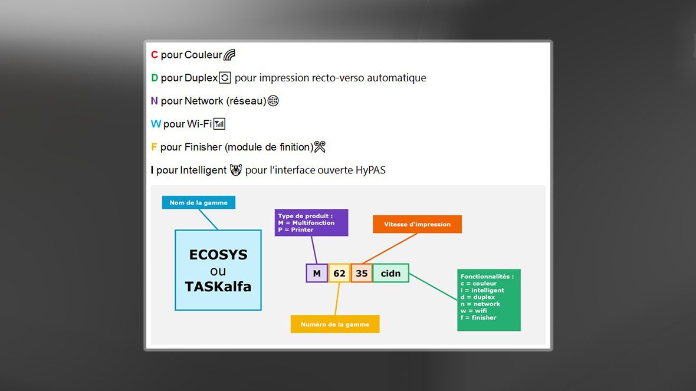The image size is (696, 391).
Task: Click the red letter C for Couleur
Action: (x=155, y=55)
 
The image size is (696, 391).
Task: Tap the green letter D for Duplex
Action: (x=155, y=78)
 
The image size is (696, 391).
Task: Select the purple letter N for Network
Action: (x=155, y=101)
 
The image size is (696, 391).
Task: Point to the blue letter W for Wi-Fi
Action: (x=156, y=124)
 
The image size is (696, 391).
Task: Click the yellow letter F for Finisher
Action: (x=154, y=147)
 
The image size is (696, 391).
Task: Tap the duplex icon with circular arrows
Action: (x=225, y=78)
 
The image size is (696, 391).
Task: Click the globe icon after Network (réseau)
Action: (x=274, y=101)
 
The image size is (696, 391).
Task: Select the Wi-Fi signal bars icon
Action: (x=219, y=124)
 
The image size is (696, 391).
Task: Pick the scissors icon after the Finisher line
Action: (x=320, y=146)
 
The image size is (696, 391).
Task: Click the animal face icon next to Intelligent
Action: (x=236, y=169)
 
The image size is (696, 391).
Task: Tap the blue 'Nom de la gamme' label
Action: (x=198, y=202)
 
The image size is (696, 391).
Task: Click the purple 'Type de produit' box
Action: (x=311, y=223)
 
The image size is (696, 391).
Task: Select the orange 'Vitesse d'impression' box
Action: (x=417, y=224)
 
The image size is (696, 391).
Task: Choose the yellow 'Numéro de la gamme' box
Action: (x=334, y=324)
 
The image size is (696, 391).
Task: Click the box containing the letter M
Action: (x=317, y=274)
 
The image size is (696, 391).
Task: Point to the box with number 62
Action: (x=339, y=274)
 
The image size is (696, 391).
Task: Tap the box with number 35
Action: (x=362, y=274)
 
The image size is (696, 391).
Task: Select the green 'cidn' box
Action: (x=390, y=274)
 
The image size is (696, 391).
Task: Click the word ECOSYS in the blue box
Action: (x=218, y=255)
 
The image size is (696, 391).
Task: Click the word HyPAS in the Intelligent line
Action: (x=370, y=170)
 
